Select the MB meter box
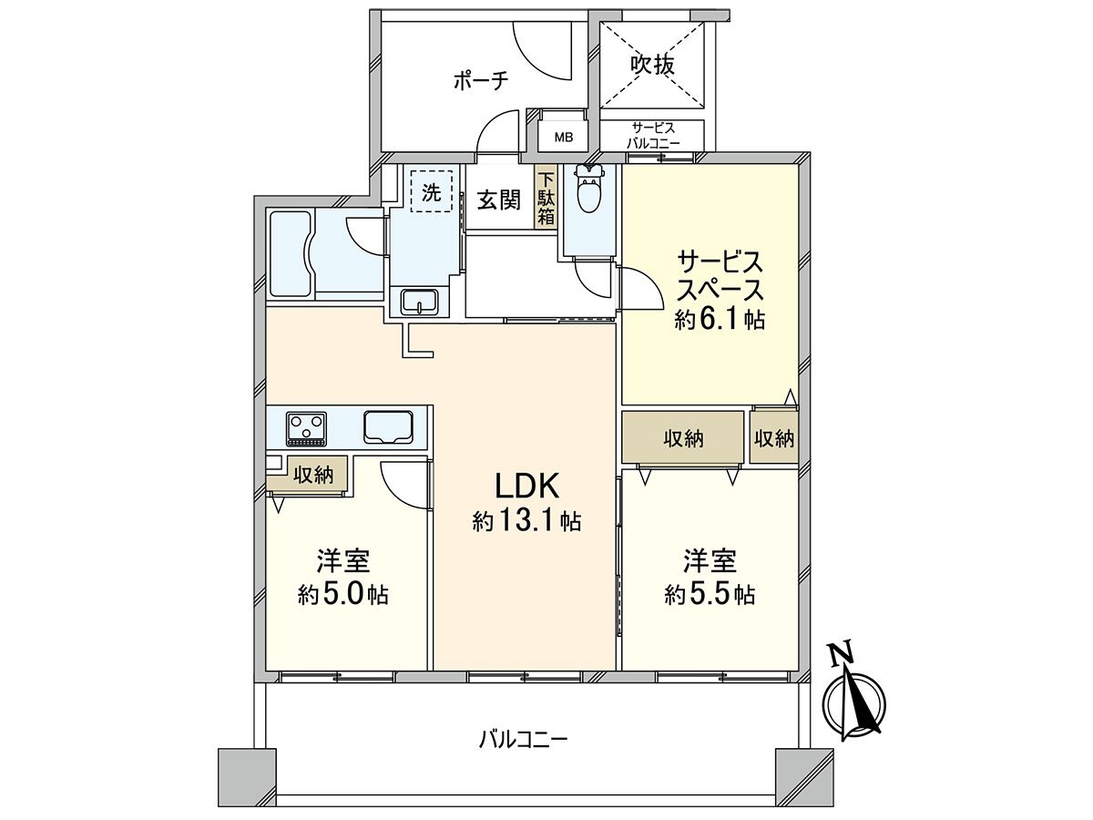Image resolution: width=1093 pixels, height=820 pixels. [565, 138]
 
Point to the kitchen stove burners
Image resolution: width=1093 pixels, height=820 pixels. [306, 427]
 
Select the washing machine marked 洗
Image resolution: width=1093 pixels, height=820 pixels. [431, 192]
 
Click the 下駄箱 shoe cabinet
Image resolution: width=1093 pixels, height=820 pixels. [546, 198]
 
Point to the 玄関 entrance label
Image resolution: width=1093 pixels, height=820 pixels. [499, 199]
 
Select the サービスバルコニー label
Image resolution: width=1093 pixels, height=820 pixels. [652, 135]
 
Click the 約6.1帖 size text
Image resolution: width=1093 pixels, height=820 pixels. [719, 319]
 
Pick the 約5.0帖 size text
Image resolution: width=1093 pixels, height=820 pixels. [343, 595]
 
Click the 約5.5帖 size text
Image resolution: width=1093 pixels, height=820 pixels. [710, 595]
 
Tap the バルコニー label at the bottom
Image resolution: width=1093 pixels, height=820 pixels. [523, 738]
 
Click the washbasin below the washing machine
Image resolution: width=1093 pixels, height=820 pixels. [420, 301]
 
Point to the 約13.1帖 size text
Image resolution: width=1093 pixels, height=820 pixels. [526, 521]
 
